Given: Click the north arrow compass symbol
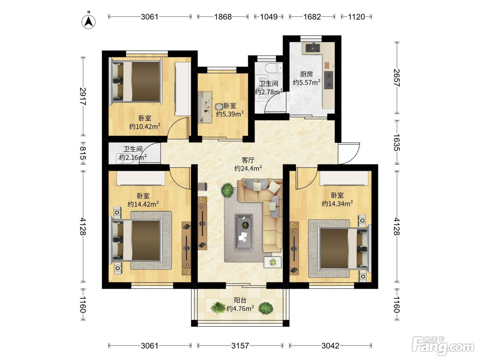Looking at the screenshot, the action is (x=88, y=21).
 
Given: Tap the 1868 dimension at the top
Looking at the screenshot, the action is (x=223, y=17).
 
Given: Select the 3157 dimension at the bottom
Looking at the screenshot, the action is (x=240, y=346).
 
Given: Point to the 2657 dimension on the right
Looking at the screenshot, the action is (x=396, y=78).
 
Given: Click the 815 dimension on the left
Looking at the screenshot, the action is (x=83, y=153).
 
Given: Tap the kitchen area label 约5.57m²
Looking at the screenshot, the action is (x=307, y=82).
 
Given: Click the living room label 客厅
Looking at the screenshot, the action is (x=248, y=160).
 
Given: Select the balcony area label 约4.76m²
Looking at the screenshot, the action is (x=240, y=309).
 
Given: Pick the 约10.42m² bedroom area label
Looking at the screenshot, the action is (x=145, y=126).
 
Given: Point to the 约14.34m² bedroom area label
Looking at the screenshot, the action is (x=337, y=204).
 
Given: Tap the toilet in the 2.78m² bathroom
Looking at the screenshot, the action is (x=274, y=67).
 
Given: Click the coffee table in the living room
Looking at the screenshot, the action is (x=244, y=232).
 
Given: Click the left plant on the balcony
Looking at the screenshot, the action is (x=218, y=308).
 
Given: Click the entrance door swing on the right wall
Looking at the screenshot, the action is (x=349, y=153).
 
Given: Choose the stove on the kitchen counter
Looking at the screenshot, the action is (x=328, y=80).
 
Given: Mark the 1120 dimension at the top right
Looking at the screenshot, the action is (x=356, y=17).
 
